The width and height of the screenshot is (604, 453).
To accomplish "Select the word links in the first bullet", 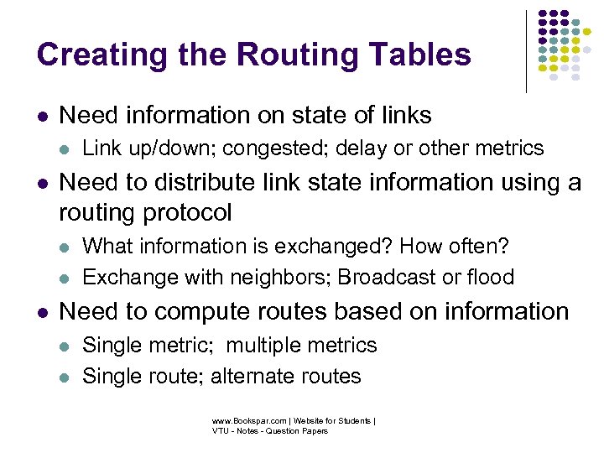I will pos(406,116).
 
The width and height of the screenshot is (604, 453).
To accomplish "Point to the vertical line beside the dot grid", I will pos(526,50).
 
